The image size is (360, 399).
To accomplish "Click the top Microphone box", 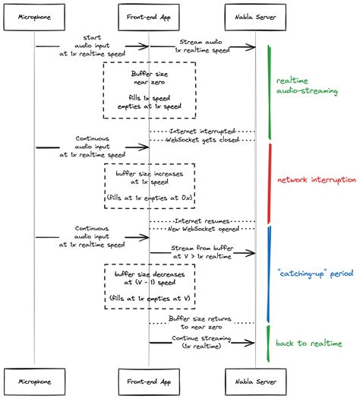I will (x=36, y=15).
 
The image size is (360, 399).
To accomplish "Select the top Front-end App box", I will (x=149, y=15).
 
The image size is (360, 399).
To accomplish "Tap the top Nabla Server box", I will (x=255, y=15).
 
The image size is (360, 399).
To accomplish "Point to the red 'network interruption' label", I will (x=316, y=179).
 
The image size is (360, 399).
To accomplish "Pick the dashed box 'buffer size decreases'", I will (x=149, y=287).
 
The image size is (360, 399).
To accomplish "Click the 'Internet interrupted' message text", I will (x=201, y=131).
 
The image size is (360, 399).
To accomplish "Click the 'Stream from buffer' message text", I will (x=201, y=252).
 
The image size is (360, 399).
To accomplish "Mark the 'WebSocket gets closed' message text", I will (x=201, y=141).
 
